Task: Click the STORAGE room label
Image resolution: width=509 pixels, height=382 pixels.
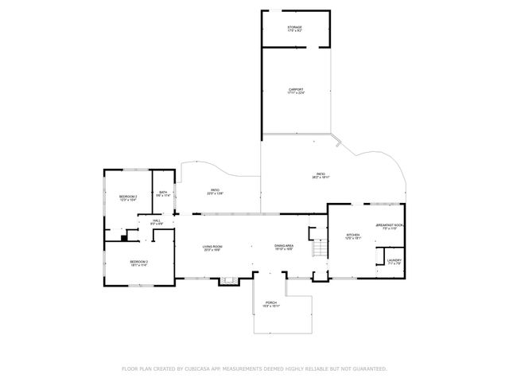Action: [294, 27]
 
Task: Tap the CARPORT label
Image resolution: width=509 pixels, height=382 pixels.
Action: [296, 89]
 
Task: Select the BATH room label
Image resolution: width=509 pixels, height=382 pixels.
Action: [163, 192]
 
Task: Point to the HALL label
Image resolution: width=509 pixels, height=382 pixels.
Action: [157, 220]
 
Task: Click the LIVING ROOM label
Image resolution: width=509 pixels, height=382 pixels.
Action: [212, 246]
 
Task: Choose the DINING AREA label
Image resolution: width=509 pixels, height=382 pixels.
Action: [285, 246]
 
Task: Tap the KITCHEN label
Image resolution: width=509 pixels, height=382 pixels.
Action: [353, 235]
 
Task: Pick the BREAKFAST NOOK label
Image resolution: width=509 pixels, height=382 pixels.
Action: [390, 225]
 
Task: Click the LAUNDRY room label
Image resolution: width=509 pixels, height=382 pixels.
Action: [394, 260]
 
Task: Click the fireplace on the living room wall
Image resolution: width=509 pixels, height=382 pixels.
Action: [230, 279]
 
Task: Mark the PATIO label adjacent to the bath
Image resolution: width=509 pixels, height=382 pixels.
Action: [215, 190]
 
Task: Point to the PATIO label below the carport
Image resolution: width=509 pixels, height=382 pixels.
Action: [321, 173]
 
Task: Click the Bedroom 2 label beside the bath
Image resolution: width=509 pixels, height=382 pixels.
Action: [128, 197]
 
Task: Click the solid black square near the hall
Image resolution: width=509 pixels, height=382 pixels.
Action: [124, 236]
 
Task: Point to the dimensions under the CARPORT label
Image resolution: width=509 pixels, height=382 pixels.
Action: [296, 93]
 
